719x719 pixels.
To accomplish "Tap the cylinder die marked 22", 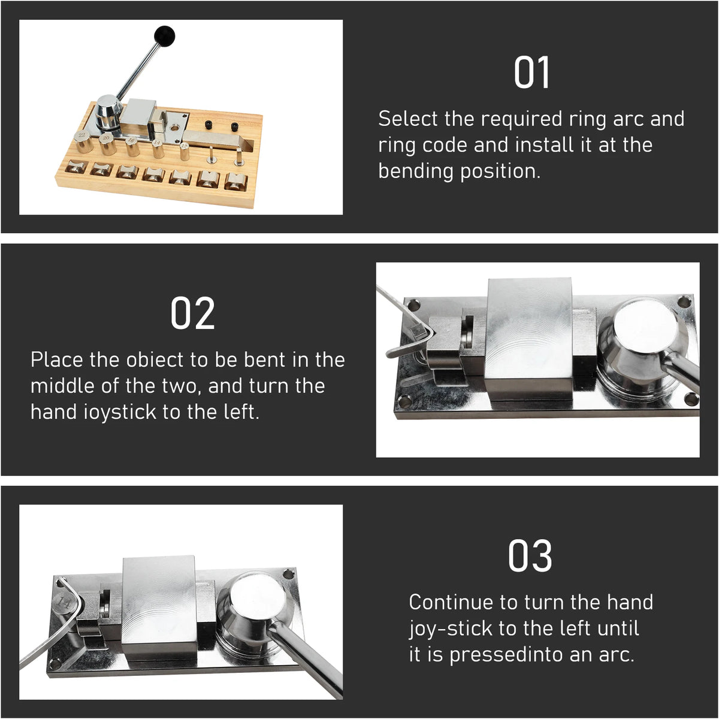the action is [83, 141].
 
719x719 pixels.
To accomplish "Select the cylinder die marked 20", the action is [108, 144].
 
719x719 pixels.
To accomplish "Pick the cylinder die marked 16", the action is [132, 146].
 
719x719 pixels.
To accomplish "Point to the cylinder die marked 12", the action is [185, 151].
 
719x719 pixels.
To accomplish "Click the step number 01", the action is [531, 72].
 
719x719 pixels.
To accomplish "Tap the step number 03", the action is [530, 555].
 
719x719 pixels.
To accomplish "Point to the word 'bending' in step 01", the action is [416, 171].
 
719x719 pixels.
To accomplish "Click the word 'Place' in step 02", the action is [57, 360].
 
